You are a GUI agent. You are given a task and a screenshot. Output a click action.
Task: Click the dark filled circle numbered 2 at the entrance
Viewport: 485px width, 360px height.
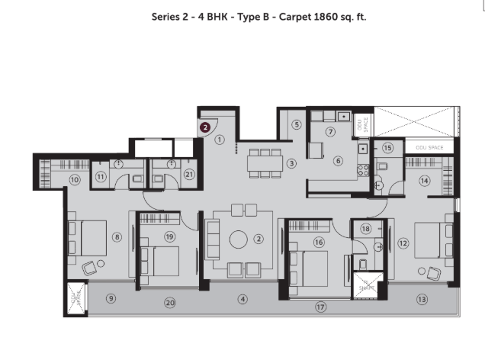205,128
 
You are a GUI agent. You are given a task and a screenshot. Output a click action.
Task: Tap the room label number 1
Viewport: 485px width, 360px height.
220,140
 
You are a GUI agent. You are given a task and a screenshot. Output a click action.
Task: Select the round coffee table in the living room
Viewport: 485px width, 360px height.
239,239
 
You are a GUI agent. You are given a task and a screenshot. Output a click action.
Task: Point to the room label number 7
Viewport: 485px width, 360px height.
330,131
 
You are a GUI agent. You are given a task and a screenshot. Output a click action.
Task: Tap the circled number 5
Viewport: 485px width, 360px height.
297,124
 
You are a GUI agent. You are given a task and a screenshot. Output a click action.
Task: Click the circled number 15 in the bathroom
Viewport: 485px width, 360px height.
387,148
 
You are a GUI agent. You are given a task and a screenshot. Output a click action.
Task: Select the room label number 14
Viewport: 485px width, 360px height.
425,181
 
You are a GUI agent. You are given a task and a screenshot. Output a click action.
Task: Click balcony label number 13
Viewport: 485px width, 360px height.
422,299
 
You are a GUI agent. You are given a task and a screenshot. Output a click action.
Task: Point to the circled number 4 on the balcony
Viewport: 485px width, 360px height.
242,299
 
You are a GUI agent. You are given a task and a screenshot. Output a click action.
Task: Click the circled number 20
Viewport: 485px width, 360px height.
169,303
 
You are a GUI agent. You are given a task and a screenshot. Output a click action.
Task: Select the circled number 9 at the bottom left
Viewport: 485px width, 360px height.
111,298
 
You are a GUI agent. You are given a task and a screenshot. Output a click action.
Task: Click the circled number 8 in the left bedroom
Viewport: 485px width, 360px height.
117,237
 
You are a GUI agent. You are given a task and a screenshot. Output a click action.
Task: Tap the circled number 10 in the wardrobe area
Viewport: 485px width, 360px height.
75,180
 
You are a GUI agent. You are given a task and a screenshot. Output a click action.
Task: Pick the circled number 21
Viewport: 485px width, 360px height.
189,175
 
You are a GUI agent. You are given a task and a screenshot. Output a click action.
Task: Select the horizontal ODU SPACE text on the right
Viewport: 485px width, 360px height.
429,146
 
